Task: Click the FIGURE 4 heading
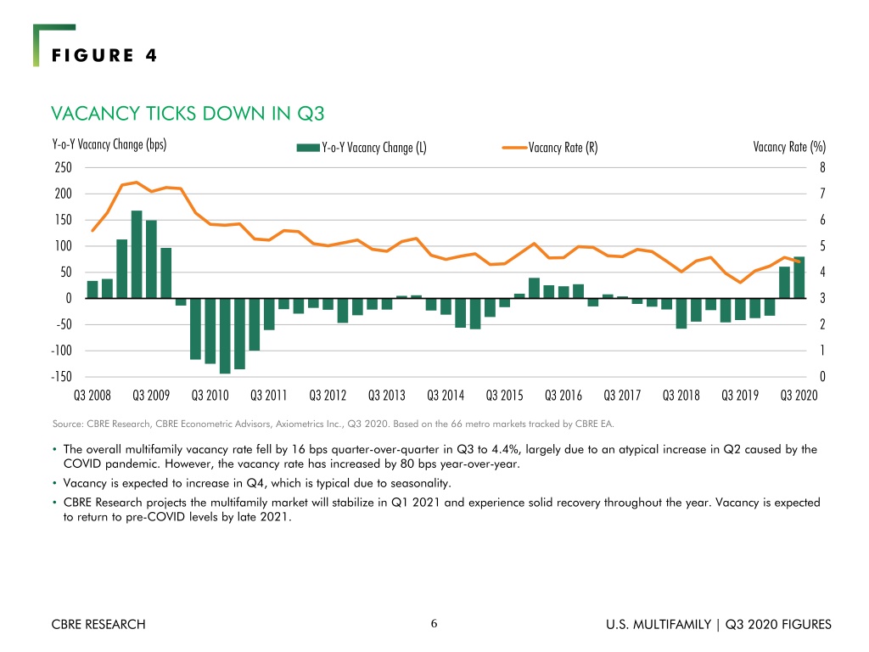104,55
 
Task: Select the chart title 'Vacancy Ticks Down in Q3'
188,114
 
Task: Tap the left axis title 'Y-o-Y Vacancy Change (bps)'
109,144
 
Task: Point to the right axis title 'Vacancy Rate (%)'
789,147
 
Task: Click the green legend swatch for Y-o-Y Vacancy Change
308,148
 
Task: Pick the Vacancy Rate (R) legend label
563,148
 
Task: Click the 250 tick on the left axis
63,167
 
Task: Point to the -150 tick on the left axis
61,377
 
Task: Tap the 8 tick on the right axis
822,167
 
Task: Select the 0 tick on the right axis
822,377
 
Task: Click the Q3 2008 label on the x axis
93,396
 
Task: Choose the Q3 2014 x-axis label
446,396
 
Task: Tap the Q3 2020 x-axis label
799,396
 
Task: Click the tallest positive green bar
137,255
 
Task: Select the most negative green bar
225,336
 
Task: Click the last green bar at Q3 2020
799,278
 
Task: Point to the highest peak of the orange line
137,182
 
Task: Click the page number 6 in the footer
434,624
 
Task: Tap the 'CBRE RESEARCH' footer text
98,624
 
